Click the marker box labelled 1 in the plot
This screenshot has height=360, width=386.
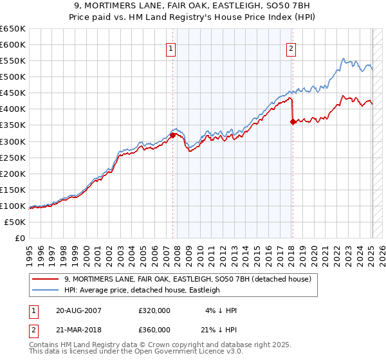(x=172, y=48)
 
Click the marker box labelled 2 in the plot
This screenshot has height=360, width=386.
(x=291, y=48)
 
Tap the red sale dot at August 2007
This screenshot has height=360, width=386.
(x=172, y=135)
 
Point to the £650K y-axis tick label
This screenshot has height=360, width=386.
(x=13, y=29)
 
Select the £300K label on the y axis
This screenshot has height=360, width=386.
(x=13, y=141)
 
